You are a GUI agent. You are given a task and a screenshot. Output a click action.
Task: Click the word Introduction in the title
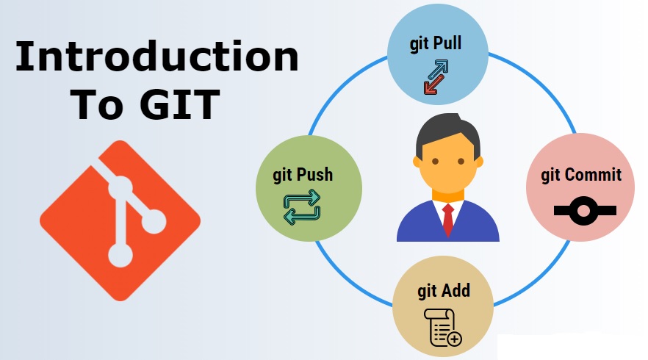click(x=156, y=57)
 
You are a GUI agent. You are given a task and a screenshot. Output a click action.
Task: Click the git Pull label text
click(x=436, y=42)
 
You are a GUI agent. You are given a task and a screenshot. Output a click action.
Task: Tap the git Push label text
click(x=303, y=174)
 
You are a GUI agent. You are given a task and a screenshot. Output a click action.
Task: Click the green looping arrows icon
click(x=302, y=206)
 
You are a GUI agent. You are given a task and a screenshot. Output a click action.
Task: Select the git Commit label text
click(x=581, y=175)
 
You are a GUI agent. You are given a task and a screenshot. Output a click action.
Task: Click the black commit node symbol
click(x=583, y=212)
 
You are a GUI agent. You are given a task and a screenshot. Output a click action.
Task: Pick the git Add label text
click(x=444, y=289)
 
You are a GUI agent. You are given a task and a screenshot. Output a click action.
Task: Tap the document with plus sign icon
click(x=443, y=327)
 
